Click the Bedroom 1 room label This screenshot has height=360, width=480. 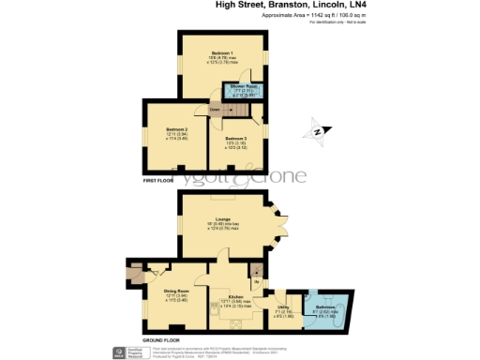[x=222, y=52]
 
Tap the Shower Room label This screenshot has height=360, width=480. [x=240, y=92]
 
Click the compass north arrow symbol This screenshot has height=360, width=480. [x=317, y=132]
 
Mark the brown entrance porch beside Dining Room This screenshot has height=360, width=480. [x=131, y=275]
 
